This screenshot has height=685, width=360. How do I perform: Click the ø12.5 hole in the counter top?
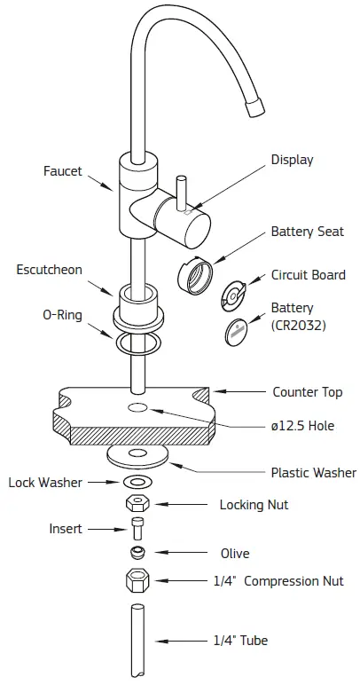click(137, 407)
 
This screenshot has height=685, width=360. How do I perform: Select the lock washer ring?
click(137, 482)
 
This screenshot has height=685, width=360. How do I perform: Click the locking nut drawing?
click(137, 504)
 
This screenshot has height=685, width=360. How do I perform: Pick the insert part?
click(137, 530)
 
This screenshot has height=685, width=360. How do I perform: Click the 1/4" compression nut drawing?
click(137, 581)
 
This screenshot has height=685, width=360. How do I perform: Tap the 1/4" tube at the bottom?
click(137, 639)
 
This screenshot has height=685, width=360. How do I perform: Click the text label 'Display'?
click(292, 160)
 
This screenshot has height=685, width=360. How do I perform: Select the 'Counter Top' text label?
click(307, 391)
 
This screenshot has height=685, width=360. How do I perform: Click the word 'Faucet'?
click(62, 171)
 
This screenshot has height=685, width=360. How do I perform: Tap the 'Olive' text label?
click(235, 554)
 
